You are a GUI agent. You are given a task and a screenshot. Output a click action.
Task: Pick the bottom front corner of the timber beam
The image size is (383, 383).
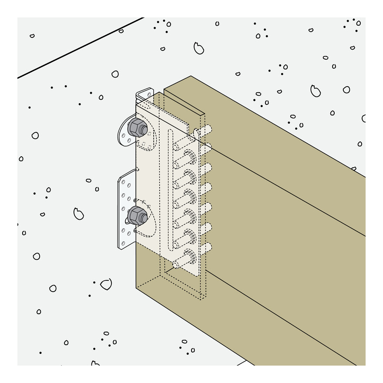point(137,287)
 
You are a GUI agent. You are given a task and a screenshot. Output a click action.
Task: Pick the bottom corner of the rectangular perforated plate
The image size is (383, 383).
point(122,249)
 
